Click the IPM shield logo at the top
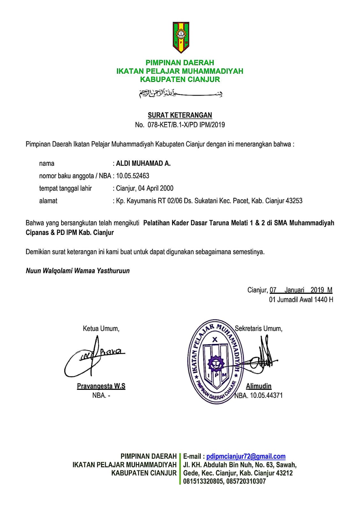pos(181,37)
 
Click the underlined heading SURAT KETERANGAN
pos(180,115)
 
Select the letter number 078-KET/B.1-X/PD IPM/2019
pos(186,125)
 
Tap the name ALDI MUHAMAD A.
pos(143,164)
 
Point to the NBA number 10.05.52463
pos(133,176)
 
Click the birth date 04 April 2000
pos(156,188)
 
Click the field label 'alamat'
pos(48,201)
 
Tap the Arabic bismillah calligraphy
pos(180,93)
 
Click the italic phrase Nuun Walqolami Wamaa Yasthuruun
pos(78,271)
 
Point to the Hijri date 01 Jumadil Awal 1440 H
pos(301,300)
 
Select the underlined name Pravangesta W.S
pos(101,386)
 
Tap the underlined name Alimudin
pos(258,386)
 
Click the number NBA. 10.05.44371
pos(259,396)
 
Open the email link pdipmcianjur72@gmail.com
pos(246,456)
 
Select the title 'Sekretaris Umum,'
pos(258,329)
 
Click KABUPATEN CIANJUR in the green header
pos(180,79)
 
